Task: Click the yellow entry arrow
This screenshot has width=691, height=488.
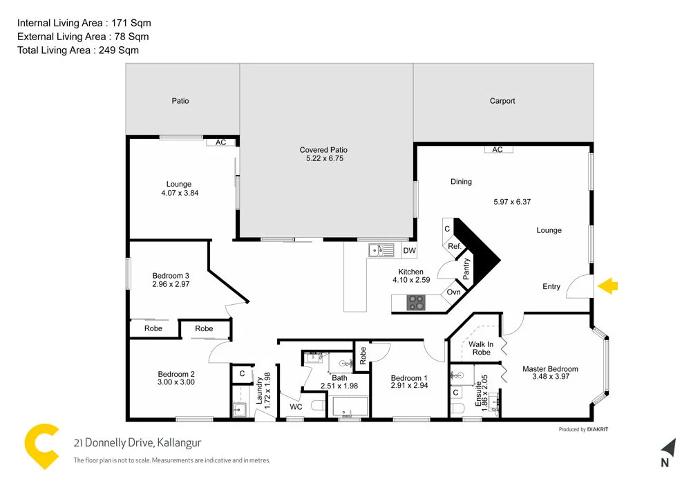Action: [608, 285]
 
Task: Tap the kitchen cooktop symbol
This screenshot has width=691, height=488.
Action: [417, 302]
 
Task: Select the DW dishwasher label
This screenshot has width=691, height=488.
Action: [409, 250]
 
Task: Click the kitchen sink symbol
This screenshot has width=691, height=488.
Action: [377, 250]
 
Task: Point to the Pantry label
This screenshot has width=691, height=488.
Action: [466, 268]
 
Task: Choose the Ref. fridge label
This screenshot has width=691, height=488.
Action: [454, 246]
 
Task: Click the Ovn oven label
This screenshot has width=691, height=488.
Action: [453, 292]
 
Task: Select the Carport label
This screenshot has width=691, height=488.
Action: [502, 101]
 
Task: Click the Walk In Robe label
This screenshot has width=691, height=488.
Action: [481, 348]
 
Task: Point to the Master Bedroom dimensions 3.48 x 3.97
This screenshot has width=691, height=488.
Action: [550, 377]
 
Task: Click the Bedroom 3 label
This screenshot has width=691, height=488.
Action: [171, 276]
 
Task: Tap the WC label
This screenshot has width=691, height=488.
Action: [296, 407]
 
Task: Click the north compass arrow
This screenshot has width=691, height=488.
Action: [667, 448]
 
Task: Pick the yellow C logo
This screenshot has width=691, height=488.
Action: [41, 446]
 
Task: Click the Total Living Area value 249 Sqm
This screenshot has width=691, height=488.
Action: [118, 50]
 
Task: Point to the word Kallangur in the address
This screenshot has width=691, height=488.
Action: [179, 443]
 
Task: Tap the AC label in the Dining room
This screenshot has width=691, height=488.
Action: [498, 149]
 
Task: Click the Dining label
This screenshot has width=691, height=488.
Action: [461, 182]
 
